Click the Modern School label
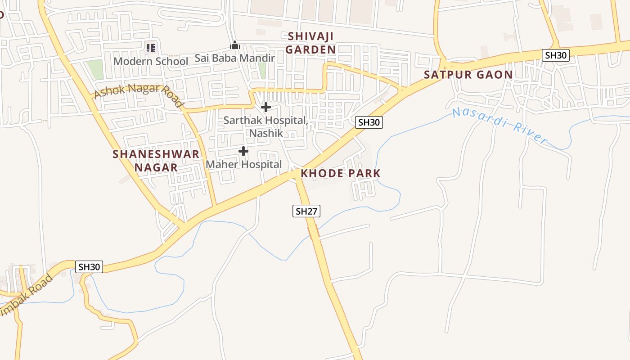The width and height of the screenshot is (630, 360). tap(151, 61)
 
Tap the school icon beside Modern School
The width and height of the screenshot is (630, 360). tap(151, 47)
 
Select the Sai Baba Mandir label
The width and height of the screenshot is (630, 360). tap(234, 58)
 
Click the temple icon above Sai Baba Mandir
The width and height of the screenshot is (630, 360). tap(234, 45)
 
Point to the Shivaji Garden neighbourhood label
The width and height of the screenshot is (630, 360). tap(311, 43)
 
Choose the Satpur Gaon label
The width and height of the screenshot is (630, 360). tap(468, 75)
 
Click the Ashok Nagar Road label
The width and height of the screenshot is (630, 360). tap(139, 94)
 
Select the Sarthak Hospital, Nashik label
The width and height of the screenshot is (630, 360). tap(266, 126)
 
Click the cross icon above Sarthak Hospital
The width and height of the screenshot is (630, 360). tap(266, 107)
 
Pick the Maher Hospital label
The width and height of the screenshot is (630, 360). tap(243, 164)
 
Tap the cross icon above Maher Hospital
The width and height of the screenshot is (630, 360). tap(243, 151)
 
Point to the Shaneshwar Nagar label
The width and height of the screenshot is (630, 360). tap(156, 161)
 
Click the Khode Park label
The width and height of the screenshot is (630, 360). tap(341, 173)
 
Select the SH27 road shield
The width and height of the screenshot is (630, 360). tap(306, 211)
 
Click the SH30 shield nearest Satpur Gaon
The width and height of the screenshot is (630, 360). tap(556, 55)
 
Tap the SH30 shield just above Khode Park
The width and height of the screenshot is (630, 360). tap(369, 122)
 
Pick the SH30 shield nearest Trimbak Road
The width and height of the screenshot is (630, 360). tap(89, 267)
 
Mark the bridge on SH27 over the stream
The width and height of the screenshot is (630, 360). tap(314, 232)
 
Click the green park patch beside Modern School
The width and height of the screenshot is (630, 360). tap(95, 69)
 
